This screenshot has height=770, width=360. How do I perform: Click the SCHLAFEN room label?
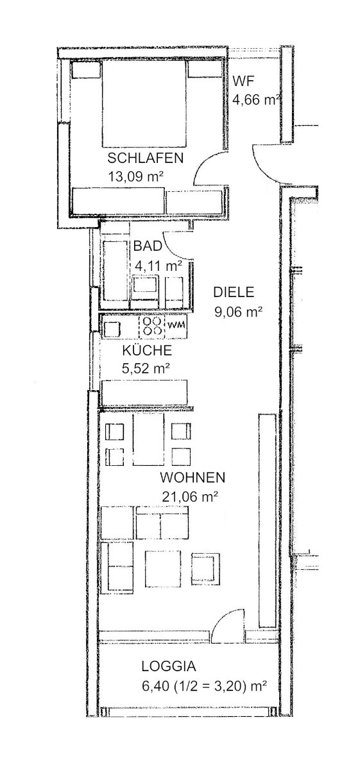(146, 158)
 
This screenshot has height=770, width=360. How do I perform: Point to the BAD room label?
(148, 246)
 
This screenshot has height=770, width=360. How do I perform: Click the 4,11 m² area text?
(158, 264)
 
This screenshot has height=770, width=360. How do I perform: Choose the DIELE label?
(234, 293)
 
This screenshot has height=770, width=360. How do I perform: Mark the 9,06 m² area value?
(238, 312)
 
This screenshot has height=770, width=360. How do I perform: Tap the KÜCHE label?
(147, 350)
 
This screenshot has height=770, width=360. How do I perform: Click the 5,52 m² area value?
(146, 368)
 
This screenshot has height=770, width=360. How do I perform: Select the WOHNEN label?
(193, 477)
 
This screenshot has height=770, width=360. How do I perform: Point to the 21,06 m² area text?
(190, 496)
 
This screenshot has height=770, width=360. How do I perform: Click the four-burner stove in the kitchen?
(152, 326)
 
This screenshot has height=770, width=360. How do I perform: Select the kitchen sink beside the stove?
(112, 329)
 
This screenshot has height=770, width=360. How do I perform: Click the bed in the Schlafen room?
(144, 103)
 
